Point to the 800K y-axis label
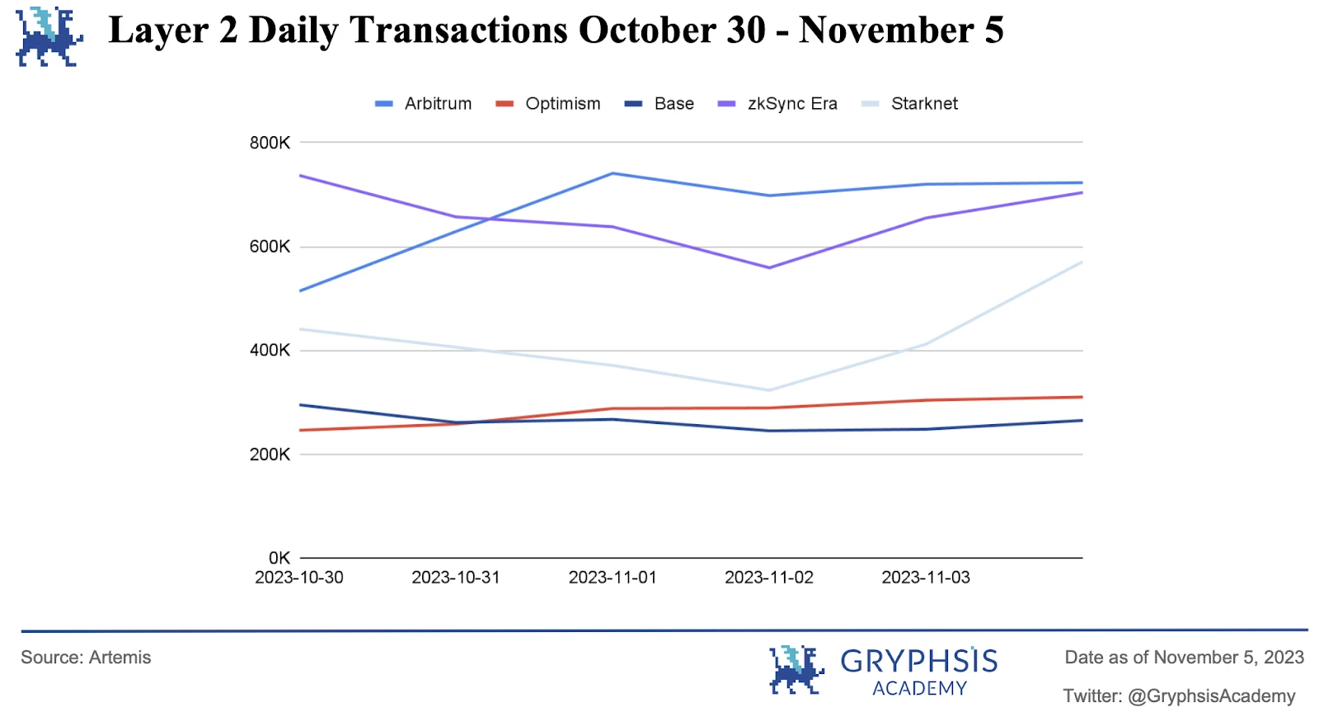tap(270, 143)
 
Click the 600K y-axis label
tap(270, 247)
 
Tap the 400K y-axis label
tap(270, 350)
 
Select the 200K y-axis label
tap(270, 454)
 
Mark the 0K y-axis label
tap(279, 558)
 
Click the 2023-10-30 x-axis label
tap(299, 578)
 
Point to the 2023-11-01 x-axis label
tap(613, 578)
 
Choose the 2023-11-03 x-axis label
tap(926, 578)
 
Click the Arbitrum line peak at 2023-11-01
tap(613, 173)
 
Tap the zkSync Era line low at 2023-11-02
tap(769, 267)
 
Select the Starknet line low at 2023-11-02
tap(769, 390)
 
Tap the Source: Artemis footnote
tap(86, 658)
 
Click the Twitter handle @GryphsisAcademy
tap(1211, 695)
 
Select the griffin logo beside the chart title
tap(49, 36)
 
